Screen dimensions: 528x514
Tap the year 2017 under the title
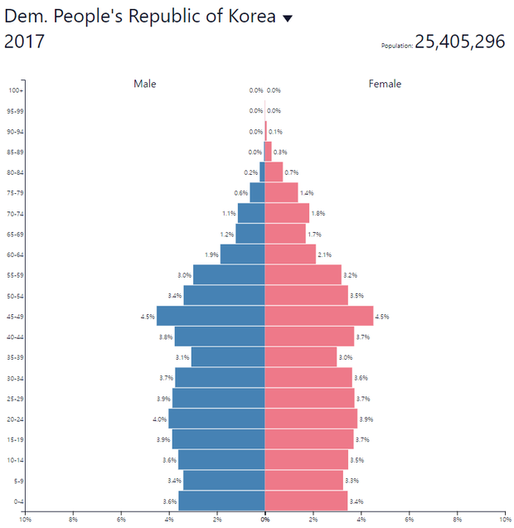tap(25, 42)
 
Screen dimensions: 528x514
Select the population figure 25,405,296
tap(459, 41)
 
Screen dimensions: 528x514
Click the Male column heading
tap(145, 84)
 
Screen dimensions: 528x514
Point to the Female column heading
tap(385, 84)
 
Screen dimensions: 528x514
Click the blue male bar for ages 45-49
tap(211, 316)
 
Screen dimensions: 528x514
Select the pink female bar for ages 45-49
tap(318, 316)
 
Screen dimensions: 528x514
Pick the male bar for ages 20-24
tap(216, 419)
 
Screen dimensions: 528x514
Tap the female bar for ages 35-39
tap(300, 357)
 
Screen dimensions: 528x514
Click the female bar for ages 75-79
tap(281, 192)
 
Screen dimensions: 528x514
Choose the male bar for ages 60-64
tap(242, 254)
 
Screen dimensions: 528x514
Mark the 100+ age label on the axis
tap(16, 90)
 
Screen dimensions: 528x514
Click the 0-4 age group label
tap(17, 501)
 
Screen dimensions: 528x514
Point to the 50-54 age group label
tap(16, 296)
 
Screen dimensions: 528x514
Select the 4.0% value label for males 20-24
tap(160, 419)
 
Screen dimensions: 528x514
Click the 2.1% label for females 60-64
tap(324, 254)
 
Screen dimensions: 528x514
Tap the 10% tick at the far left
tap(26, 520)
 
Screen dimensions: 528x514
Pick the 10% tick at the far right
tap(504, 520)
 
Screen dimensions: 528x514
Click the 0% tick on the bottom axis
tap(264, 520)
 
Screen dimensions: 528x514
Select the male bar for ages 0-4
tap(221, 501)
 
